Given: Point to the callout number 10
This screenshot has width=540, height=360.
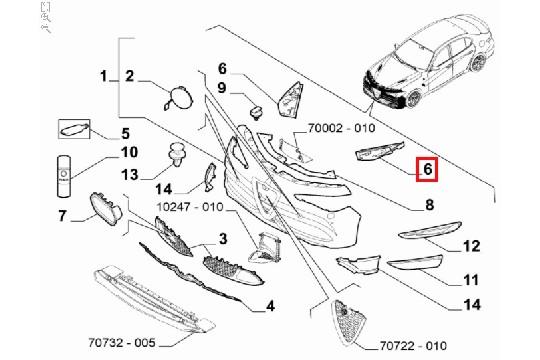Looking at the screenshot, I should tap(129, 153).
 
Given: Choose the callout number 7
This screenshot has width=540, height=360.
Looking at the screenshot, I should tap(61, 214).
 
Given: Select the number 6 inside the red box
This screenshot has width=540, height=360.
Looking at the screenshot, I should tap(426, 170).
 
